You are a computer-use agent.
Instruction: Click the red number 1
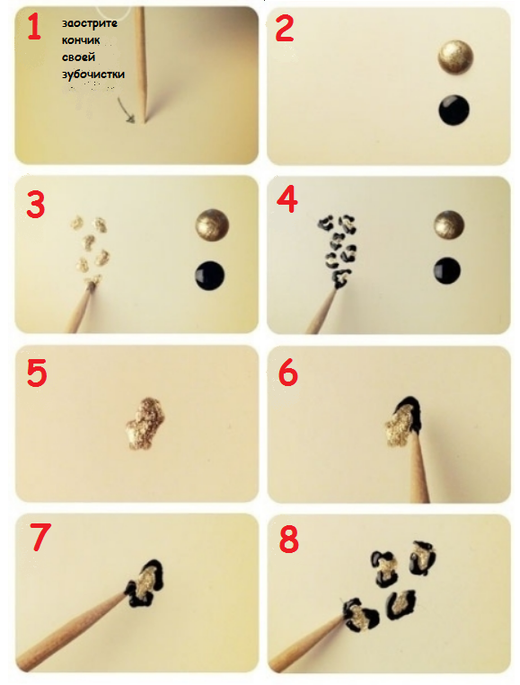coord(34,27)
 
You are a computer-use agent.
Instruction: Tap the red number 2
coord(285,28)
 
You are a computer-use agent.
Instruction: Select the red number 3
coord(35,205)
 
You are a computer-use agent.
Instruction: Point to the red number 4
coord(287,199)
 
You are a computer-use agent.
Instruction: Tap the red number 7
coord(40,537)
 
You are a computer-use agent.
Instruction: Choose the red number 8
coord(288,539)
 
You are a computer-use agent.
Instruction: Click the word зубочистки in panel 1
coord(93,75)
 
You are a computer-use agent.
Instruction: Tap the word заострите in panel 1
coord(90,23)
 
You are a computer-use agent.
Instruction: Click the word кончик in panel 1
coord(81,40)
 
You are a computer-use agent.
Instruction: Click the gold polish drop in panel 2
coord(455,57)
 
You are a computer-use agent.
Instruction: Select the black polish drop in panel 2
coord(454,110)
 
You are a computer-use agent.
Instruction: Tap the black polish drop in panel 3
coord(210,276)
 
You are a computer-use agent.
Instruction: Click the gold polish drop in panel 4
coord(449,226)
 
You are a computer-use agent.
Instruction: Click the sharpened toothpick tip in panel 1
coord(145,119)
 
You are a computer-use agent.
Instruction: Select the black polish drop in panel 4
coord(447,271)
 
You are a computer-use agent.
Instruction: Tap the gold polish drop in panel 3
coord(212,225)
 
